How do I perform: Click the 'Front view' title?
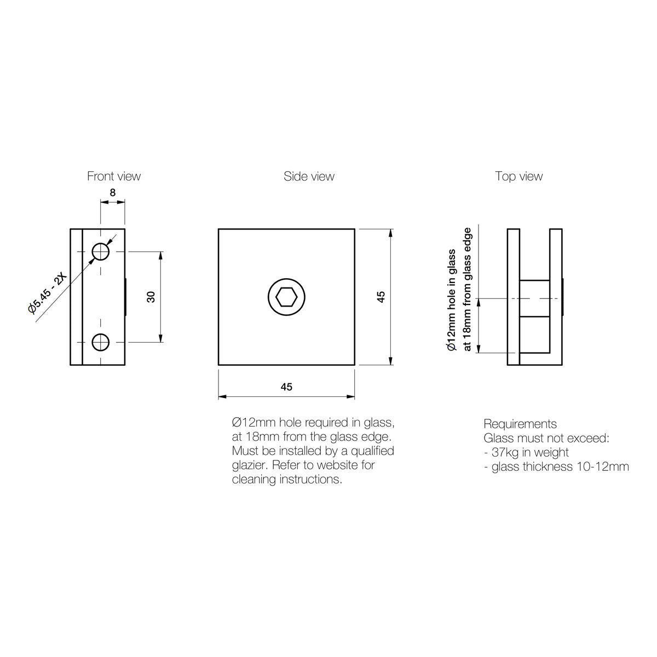point(114,176)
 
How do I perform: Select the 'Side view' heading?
point(309,176)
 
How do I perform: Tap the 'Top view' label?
point(519,176)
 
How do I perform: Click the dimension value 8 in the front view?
point(113,193)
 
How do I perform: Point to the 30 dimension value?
point(151,297)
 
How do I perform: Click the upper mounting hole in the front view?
point(101,252)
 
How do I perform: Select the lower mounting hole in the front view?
point(101,342)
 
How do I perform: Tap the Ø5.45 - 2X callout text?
point(48,293)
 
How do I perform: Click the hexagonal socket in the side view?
point(286,297)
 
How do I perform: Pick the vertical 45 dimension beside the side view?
point(381,297)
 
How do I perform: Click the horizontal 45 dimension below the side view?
point(286,387)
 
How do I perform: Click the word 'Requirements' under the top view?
point(520,424)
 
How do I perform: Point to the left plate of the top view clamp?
point(514,297)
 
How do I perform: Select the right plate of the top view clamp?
point(556,297)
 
